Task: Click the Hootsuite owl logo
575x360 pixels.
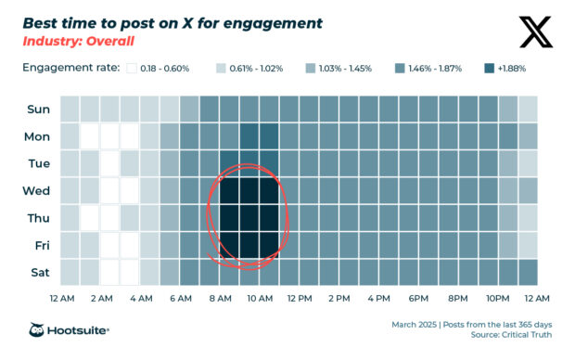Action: (38, 330)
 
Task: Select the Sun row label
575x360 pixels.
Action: (38, 109)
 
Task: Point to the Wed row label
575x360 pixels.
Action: (38, 191)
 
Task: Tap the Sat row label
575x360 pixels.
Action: (38, 273)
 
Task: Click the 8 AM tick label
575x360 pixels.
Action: (220, 299)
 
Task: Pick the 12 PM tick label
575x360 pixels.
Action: (299, 299)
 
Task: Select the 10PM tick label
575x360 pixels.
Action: (498, 299)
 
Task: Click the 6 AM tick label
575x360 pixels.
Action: (180, 299)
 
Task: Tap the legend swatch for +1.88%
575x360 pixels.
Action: (490, 68)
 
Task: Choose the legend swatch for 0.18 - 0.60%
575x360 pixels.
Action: (132, 68)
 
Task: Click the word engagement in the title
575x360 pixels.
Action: (275, 22)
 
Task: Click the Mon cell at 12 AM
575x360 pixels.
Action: (70, 136)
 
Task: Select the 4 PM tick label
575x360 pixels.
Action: (378, 299)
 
